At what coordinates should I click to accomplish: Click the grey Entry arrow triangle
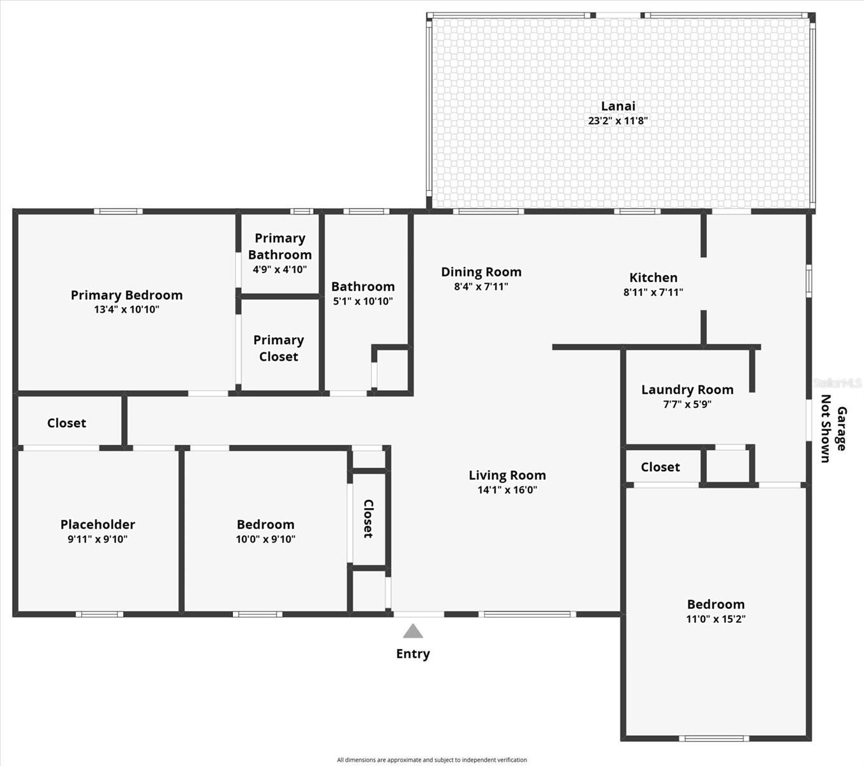[x=413, y=631]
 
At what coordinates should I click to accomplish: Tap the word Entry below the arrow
[x=413, y=654]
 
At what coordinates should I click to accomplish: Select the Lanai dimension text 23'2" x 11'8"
[x=618, y=121]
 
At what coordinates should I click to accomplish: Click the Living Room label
[x=507, y=475]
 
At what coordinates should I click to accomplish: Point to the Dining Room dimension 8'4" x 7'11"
[x=481, y=287]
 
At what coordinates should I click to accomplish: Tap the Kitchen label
[x=653, y=278]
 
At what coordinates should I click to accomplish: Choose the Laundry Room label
[x=687, y=389]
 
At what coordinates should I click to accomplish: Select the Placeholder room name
[x=98, y=524]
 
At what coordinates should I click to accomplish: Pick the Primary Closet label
[x=278, y=349]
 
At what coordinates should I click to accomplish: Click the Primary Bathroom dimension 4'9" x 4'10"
[x=279, y=269]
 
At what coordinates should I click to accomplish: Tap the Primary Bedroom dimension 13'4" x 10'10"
[x=126, y=310]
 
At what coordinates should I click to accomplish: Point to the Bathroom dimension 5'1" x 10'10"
[x=363, y=301]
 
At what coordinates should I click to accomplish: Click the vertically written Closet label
[x=368, y=519]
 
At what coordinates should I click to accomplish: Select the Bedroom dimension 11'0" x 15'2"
[x=715, y=619]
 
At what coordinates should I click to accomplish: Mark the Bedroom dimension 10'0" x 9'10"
[x=265, y=539]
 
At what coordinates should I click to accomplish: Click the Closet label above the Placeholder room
[x=66, y=423]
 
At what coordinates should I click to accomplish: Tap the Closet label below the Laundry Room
[x=660, y=467]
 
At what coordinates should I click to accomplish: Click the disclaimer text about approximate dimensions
[x=431, y=760]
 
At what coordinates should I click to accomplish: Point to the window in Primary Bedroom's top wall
[x=118, y=211]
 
